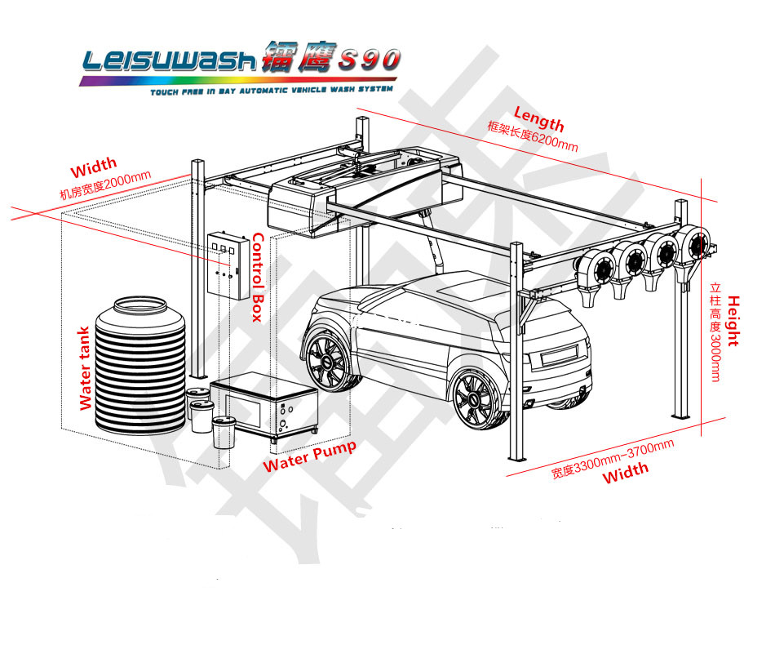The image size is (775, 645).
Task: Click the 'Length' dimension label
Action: coord(538,119)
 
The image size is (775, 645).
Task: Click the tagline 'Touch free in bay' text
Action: coord(271,91)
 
